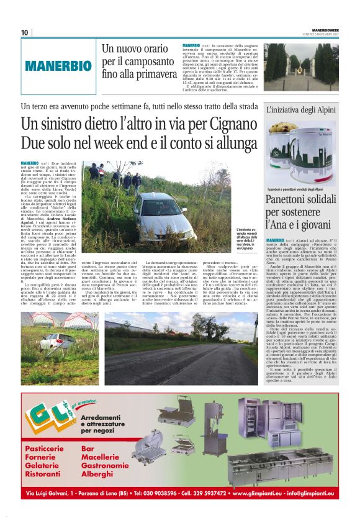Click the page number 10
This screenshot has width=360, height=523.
[x=24, y=32]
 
